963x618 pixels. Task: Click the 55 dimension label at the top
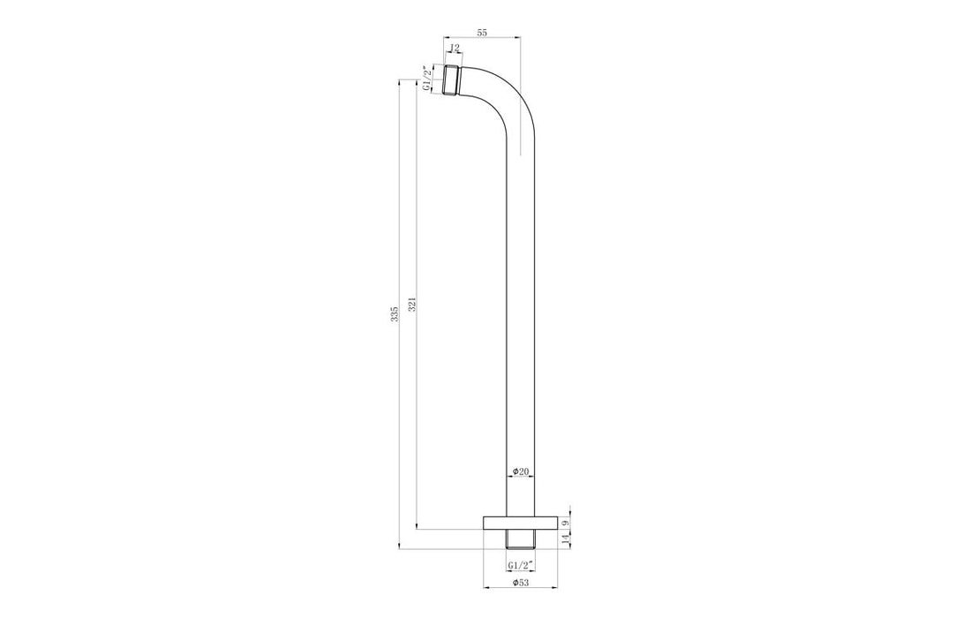(482, 32)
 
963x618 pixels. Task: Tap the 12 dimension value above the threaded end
(455, 49)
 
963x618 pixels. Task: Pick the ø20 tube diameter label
(521, 472)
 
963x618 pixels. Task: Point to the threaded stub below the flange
(521, 539)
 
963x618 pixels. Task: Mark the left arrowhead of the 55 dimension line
(445, 38)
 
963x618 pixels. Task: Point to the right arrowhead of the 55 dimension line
(519, 38)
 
